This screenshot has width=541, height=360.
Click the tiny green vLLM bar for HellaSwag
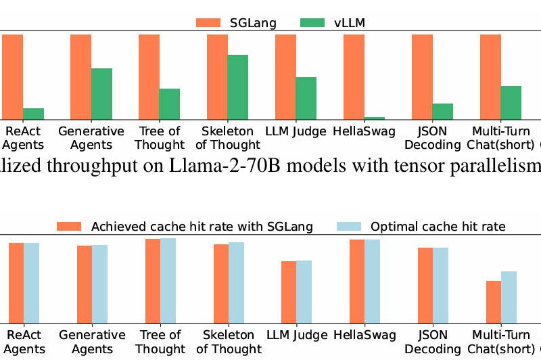pyautogui.click(x=374, y=118)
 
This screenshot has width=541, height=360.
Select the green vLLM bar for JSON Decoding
pyautogui.click(x=442, y=112)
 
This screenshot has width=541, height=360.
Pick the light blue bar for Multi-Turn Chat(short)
pyautogui.click(x=509, y=297)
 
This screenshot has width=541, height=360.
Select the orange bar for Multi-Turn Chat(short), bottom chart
pyautogui.click(x=494, y=302)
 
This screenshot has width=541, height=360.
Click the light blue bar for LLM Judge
pyautogui.click(x=304, y=292)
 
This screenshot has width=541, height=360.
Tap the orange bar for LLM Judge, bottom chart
pyautogui.click(x=289, y=292)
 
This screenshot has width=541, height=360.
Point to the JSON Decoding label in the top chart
pyautogui.click(x=431, y=138)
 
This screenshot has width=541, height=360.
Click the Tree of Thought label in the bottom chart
pyautogui.click(x=160, y=342)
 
